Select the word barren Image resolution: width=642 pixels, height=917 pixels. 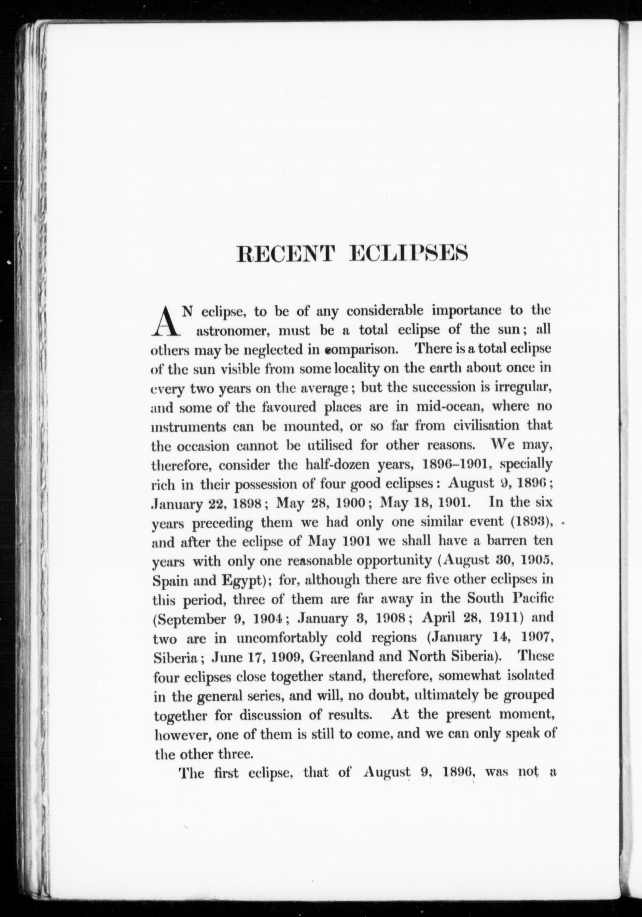click(500, 542)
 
